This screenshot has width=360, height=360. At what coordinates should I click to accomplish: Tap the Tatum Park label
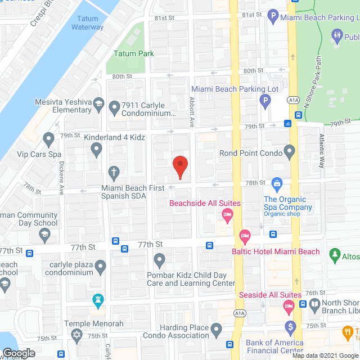click(134, 53)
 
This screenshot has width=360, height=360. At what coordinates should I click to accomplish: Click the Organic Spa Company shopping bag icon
click(277, 183)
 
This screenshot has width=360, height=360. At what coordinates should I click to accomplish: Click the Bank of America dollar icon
click(290, 327)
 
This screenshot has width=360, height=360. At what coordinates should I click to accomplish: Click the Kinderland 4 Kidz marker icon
click(97, 149)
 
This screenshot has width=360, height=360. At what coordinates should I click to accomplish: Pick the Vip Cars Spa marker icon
click(49, 138)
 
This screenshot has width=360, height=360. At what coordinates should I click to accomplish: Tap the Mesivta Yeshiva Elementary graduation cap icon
click(98, 105)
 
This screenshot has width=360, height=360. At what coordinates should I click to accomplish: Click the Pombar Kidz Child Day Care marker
click(159, 260)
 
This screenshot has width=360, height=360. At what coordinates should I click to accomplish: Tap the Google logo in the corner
click(18, 352)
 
